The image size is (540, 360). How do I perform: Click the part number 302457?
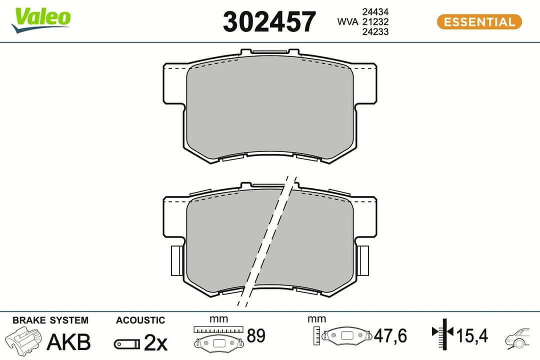pos(269,22)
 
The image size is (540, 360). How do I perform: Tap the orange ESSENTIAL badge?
pos(479,22)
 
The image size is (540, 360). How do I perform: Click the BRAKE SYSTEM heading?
pos(50,320)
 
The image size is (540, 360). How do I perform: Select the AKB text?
pos(68,342)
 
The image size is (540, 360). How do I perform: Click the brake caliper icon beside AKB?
pos(23,341)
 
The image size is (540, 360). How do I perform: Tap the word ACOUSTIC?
pos(140,320)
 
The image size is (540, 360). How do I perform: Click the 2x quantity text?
pos(155,342)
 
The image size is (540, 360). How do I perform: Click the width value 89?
pos(256,336)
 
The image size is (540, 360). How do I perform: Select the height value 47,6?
pos(390,336)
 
